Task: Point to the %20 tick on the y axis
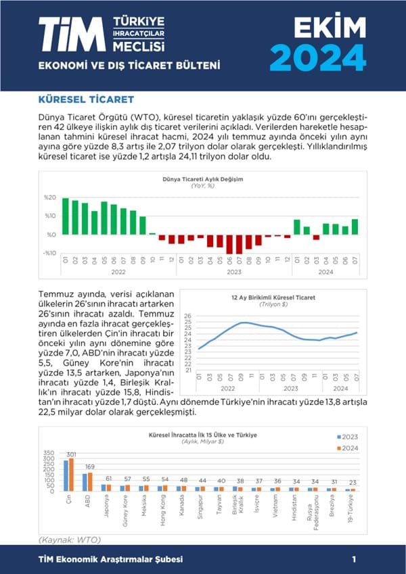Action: [x=50, y=197]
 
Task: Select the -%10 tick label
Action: [x=49, y=253]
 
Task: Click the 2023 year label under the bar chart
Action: [x=234, y=272]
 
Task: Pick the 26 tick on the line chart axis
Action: [x=188, y=316]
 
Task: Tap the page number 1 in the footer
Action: [x=354, y=560]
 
